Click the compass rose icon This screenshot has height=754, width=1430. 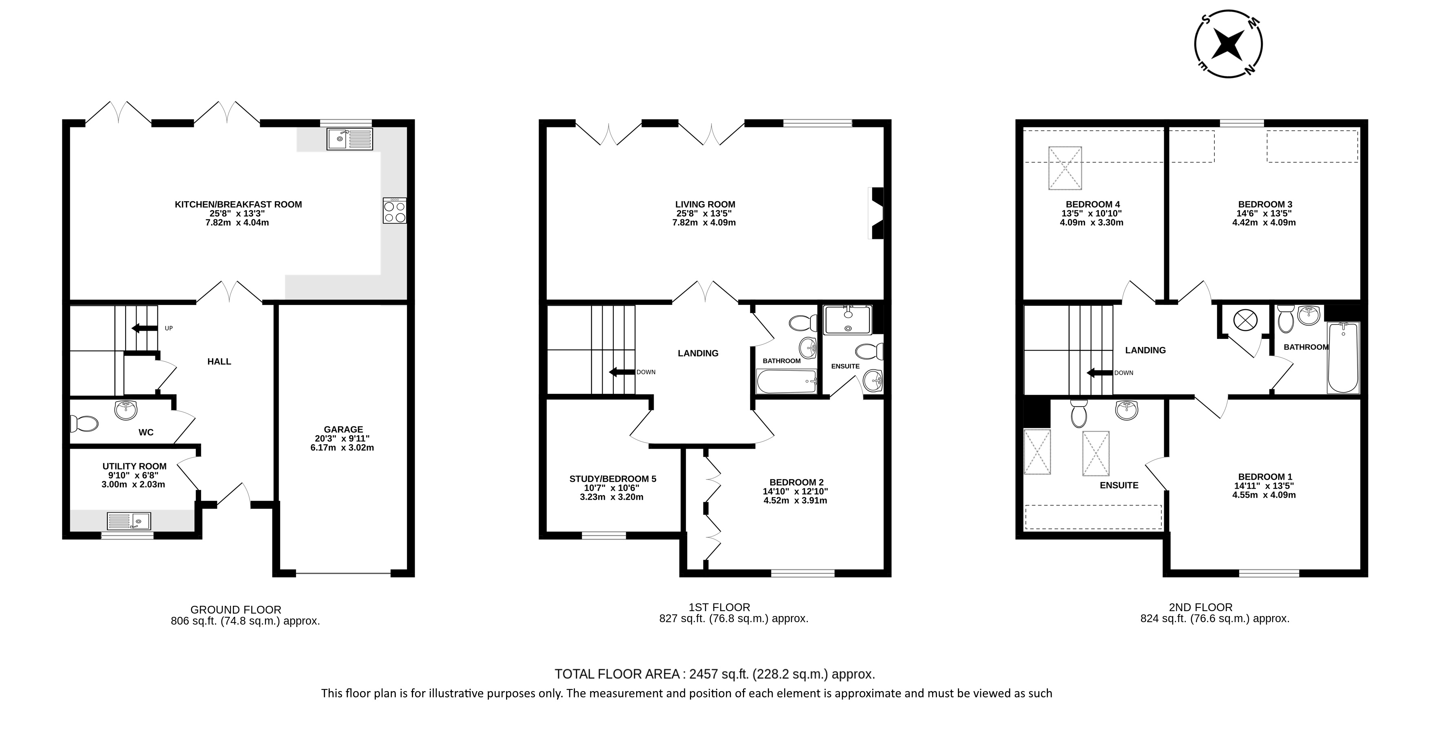(x=1229, y=44)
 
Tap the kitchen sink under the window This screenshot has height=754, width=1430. (x=350, y=139)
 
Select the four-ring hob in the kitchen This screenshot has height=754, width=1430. (x=395, y=211)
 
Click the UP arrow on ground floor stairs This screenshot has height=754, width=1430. (x=143, y=328)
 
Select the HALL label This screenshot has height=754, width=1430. (x=219, y=362)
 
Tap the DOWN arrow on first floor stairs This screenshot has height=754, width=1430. (x=622, y=372)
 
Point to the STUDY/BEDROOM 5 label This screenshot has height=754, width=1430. (x=613, y=479)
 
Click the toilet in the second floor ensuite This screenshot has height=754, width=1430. (x=1078, y=414)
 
